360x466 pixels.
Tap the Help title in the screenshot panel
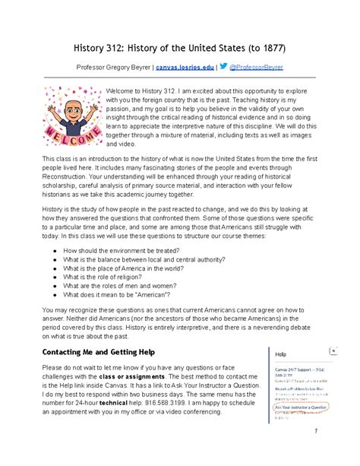(281, 354)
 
